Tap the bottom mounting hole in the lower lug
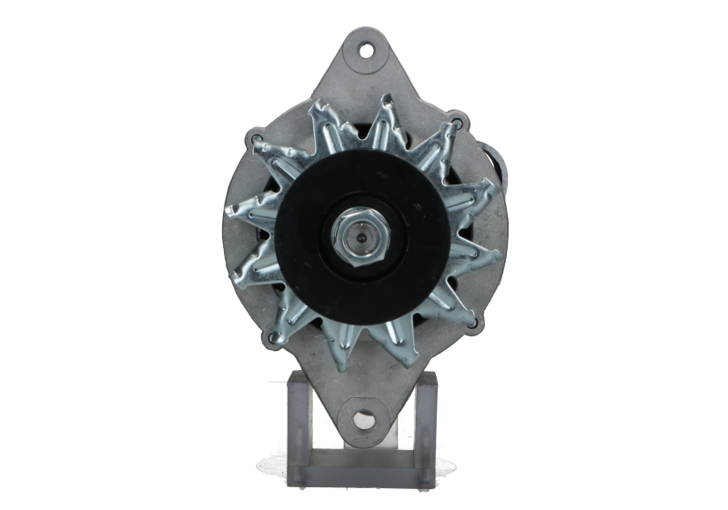pos(364,420)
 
